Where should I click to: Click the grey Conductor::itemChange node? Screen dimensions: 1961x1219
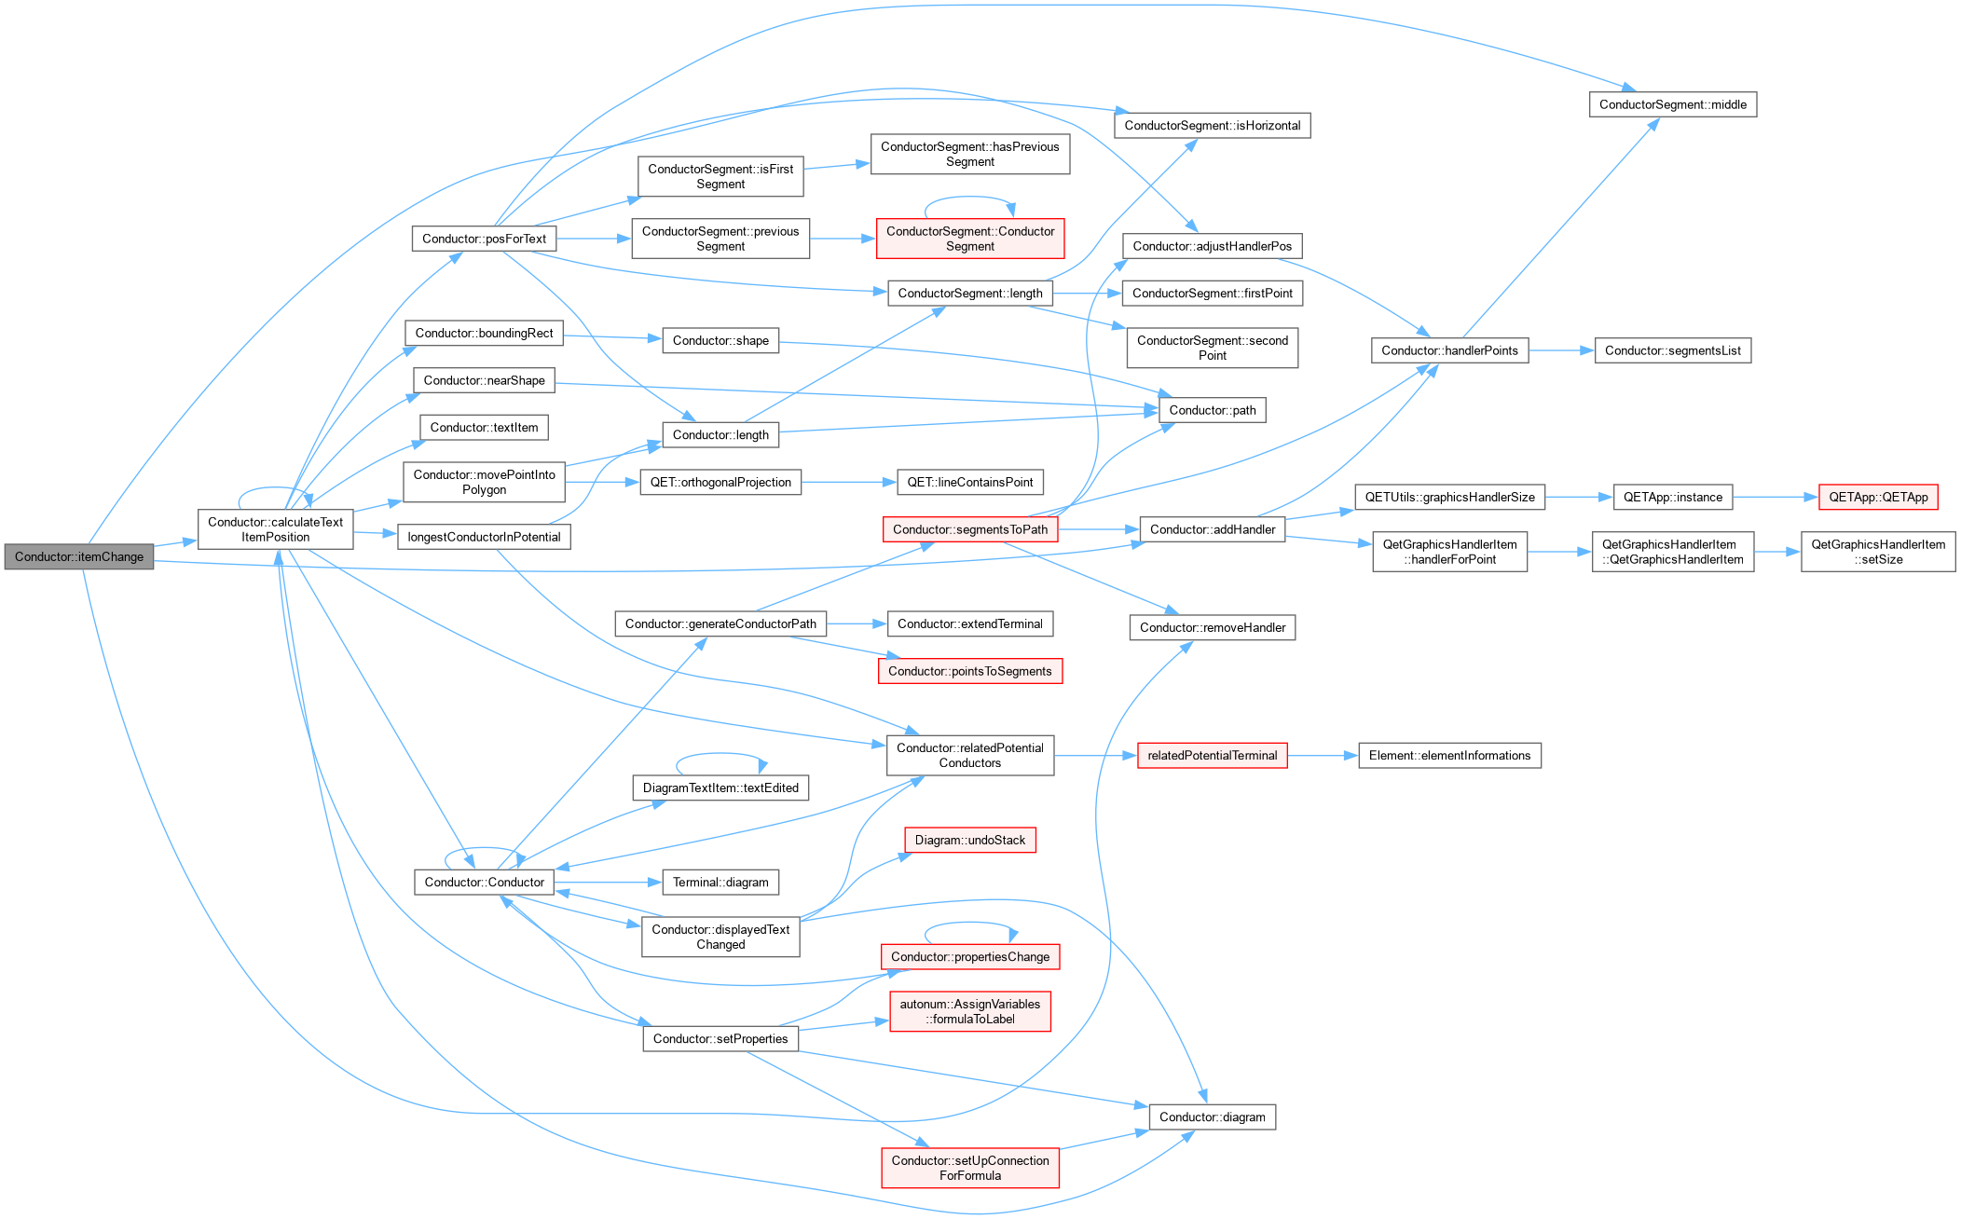point(79,556)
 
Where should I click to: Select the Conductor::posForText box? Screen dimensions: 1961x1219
point(484,239)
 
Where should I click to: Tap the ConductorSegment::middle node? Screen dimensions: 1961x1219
point(1673,104)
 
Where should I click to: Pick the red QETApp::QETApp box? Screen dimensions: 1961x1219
point(1878,497)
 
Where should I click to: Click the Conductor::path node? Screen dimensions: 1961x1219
point(1213,410)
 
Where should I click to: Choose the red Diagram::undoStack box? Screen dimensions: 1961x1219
point(970,840)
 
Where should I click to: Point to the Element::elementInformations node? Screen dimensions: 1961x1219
point(1449,755)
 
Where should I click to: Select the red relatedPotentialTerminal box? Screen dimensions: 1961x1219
point(1213,755)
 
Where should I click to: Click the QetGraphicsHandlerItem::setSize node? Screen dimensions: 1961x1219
point(1878,552)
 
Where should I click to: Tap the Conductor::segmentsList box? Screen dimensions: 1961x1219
point(1673,350)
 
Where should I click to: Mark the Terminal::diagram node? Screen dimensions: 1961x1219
point(720,882)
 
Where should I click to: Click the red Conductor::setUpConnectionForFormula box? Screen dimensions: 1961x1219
point(970,1168)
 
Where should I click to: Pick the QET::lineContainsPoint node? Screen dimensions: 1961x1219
point(970,482)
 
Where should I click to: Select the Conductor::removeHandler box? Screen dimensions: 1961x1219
point(1213,627)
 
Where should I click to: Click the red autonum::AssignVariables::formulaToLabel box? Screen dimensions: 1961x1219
point(970,1011)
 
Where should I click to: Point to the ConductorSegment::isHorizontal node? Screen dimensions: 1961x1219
point(1213,125)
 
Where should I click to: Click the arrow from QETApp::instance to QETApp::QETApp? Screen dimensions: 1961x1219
point(1776,497)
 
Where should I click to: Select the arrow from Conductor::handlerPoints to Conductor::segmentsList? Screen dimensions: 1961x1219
point(1561,350)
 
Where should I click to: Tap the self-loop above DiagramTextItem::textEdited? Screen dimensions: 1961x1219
point(720,753)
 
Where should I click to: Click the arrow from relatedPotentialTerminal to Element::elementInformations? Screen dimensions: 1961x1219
point(1323,755)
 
